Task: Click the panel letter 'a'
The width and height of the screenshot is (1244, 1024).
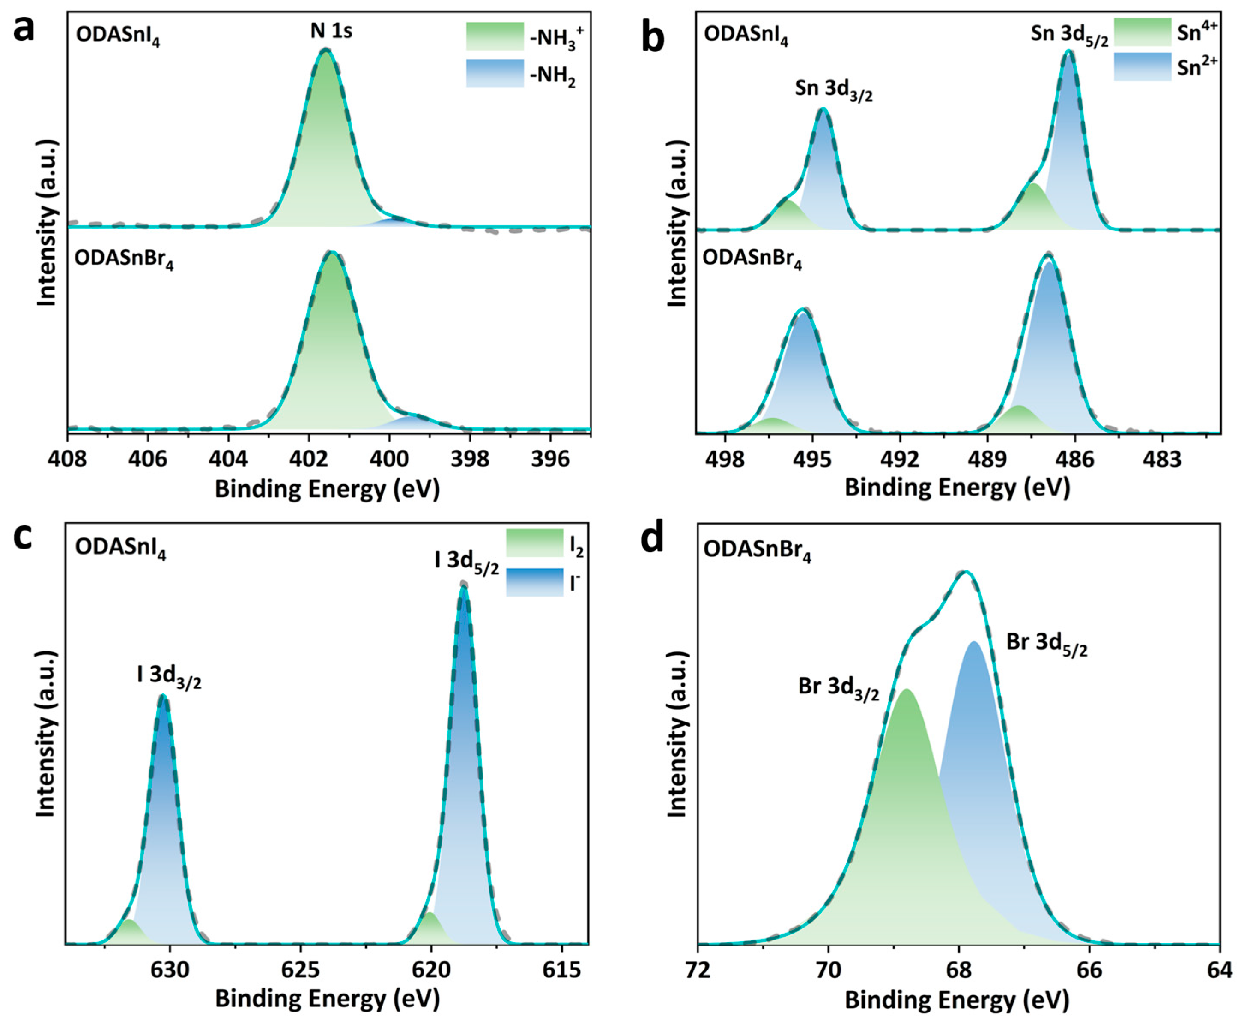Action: tap(23, 30)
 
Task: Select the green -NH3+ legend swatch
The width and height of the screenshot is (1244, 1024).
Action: tap(494, 36)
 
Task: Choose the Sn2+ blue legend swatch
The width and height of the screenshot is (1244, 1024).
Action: tap(1142, 66)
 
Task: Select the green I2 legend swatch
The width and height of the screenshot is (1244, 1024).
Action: tap(534, 543)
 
